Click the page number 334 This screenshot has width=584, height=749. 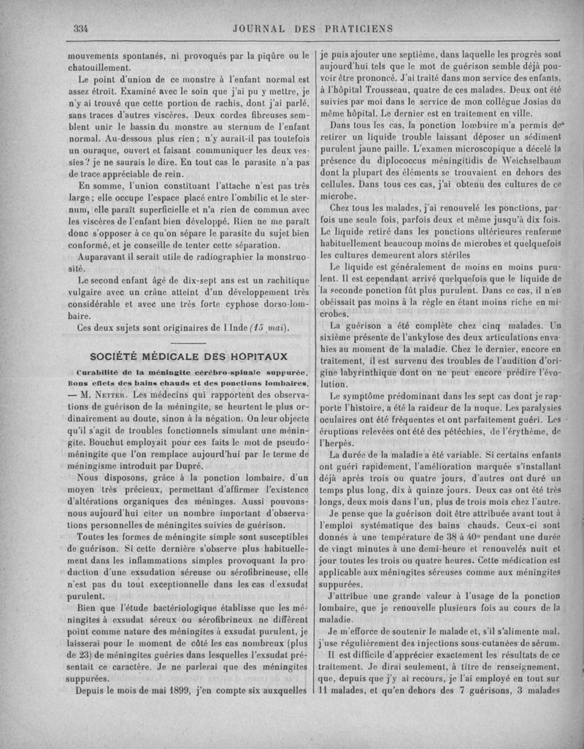tap(80, 28)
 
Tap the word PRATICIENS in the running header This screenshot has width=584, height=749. tap(353, 28)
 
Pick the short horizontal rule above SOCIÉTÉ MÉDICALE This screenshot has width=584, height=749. tap(188, 342)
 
